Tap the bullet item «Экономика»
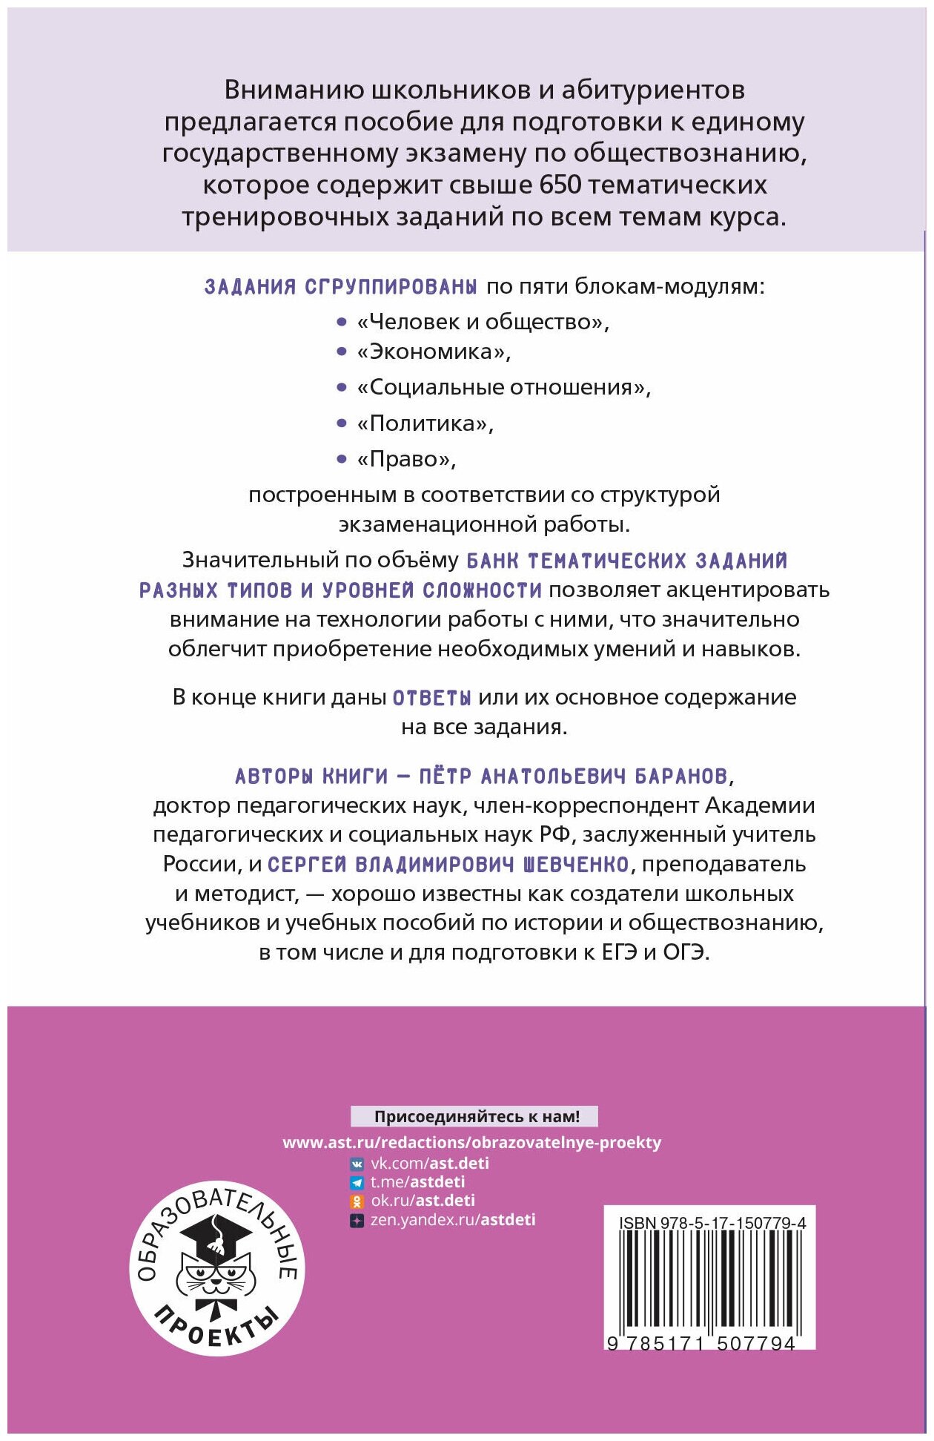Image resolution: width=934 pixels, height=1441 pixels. click(434, 352)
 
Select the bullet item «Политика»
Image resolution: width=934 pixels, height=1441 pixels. click(425, 423)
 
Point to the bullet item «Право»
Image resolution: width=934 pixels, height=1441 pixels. click(406, 460)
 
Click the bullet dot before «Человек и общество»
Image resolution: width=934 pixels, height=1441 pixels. click(342, 322)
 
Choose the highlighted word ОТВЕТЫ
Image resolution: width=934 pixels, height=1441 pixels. click(431, 698)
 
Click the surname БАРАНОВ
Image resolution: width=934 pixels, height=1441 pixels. click(682, 776)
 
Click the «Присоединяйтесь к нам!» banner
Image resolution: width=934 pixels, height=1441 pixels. click(474, 1116)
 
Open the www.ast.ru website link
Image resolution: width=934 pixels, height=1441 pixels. click(471, 1142)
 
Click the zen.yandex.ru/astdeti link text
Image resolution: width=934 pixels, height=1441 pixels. click(452, 1220)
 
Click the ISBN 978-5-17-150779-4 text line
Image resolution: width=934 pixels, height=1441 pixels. click(712, 1223)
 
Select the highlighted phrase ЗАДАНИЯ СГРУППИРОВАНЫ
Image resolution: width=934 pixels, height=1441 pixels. click(340, 287)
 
